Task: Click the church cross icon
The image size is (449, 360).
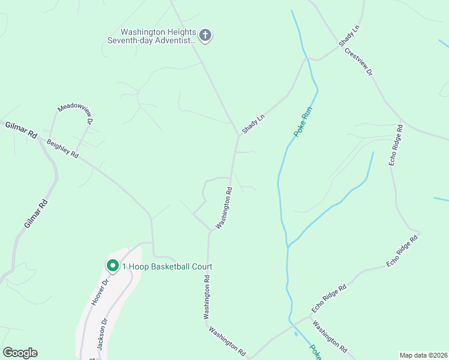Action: (205, 35)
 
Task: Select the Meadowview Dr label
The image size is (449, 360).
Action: (76, 113)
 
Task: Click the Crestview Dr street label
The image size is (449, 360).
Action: (359, 62)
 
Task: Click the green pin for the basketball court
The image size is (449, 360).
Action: (112, 265)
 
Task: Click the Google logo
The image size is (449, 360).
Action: (20, 353)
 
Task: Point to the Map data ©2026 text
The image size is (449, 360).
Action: (423, 355)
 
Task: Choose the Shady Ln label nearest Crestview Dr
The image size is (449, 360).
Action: (349, 37)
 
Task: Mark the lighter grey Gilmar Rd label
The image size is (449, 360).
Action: (35, 213)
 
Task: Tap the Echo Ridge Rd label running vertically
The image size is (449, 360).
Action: (395, 145)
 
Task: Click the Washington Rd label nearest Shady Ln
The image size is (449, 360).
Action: (223, 207)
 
